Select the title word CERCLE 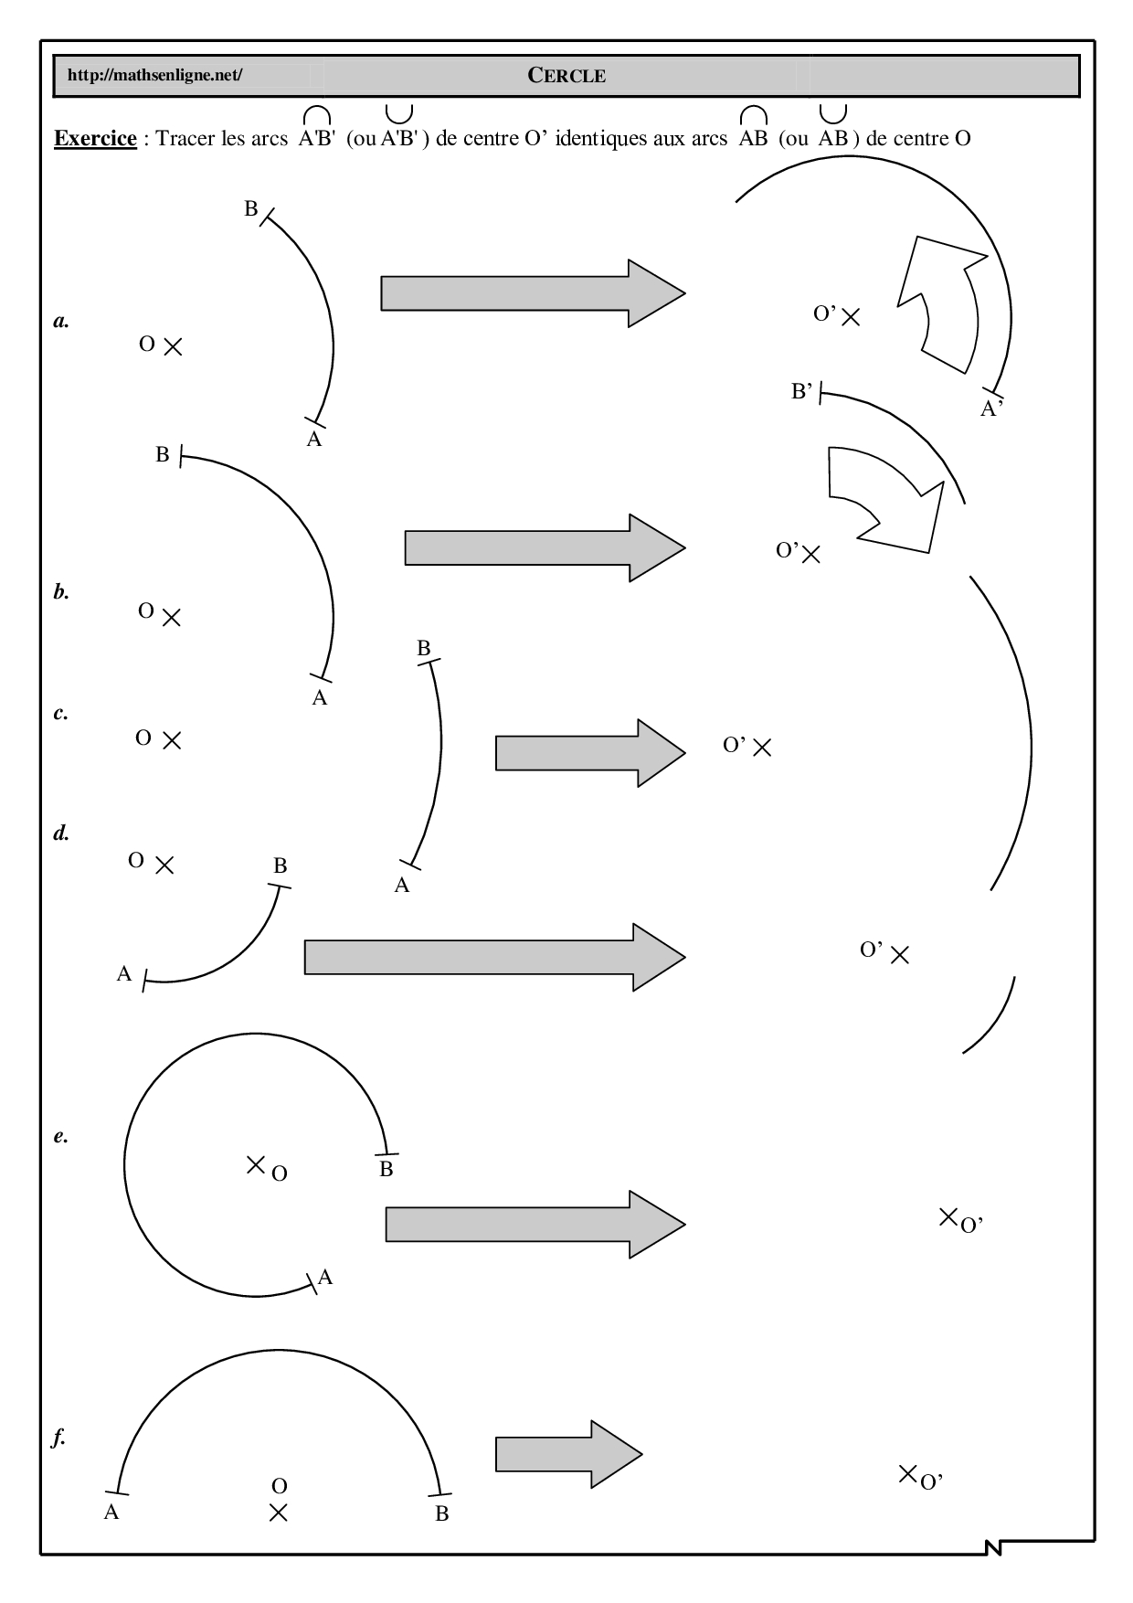coord(566,76)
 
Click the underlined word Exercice coord(96,139)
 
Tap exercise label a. coord(61,321)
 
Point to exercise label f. coord(60,1438)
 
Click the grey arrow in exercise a coord(533,293)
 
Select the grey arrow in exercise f coord(568,1454)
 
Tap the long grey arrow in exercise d coord(494,957)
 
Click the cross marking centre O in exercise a coord(173,346)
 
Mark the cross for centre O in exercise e coord(256,1164)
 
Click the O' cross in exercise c coord(762,748)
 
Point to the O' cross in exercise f coord(907,1472)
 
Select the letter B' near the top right coord(801,393)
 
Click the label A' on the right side coord(991,409)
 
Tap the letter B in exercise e coord(386,1170)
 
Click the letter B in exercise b coord(163,454)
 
